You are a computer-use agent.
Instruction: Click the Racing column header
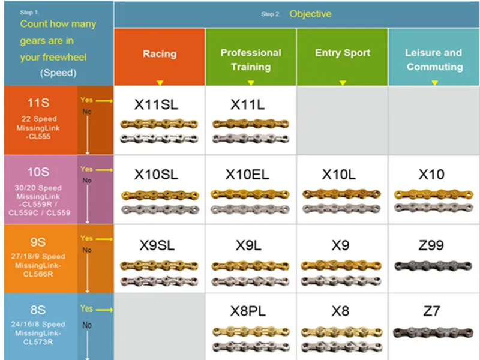click(x=160, y=53)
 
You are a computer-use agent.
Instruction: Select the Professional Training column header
click(x=251, y=59)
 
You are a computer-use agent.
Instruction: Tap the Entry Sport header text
click(x=343, y=53)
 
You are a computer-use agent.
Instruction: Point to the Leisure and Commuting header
click(x=434, y=59)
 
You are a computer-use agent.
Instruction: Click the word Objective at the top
click(x=310, y=14)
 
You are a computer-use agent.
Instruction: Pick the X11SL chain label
click(x=156, y=104)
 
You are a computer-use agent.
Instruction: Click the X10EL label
click(x=247, y=175)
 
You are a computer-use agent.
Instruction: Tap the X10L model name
click(x=339, y=175)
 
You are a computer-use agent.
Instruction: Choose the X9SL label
click(x=157, y=245)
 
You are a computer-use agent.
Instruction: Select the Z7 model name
click(x=431, y=311)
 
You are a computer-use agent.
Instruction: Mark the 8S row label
click(x=38, y=310)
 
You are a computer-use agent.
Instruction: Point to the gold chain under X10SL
click(x=158, y=194)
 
